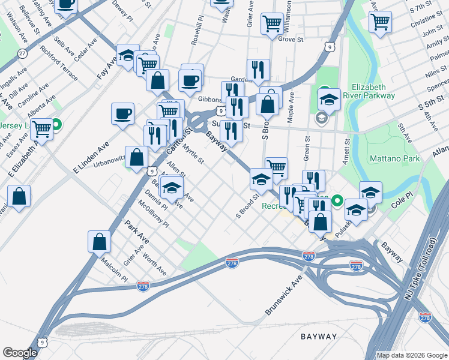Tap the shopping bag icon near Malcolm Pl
pos(100,242)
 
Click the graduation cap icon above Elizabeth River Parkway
pos(329,99)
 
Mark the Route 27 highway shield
pos(22,53)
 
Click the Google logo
pos(20,353)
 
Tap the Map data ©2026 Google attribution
pos(412,355)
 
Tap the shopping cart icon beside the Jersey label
pos(41,129)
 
